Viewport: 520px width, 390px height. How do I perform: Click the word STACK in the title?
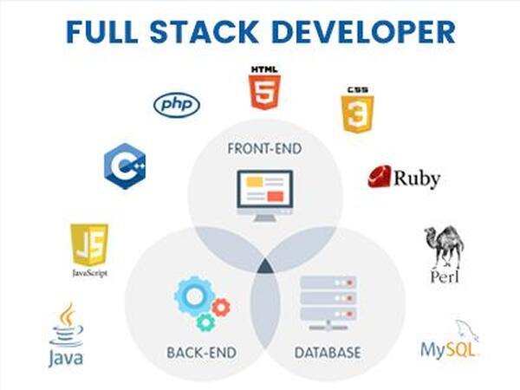(204, 32)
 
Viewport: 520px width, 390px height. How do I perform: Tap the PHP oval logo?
(177, 105)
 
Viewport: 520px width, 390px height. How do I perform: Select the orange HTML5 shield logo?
(264, 92)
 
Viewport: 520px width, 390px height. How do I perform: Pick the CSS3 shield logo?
(357, 114)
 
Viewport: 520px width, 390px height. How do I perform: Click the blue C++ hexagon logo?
(125, 166)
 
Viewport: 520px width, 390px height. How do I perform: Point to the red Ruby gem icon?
(379, 177)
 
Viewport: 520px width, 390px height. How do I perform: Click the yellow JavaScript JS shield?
(89, 244)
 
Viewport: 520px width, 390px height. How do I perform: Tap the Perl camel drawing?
(445, 247)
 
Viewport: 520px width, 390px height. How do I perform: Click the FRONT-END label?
(264, 149)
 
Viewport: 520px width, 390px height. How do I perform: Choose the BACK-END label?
(202, 353)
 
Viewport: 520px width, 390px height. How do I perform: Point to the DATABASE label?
(328, 353)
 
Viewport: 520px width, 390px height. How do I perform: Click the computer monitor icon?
(265, 195)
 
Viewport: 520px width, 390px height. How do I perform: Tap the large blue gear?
(195, 296)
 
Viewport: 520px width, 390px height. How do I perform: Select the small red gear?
(221, 308)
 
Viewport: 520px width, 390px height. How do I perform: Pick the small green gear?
(206, 322)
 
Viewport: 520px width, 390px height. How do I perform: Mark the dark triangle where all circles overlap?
(265, 267)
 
